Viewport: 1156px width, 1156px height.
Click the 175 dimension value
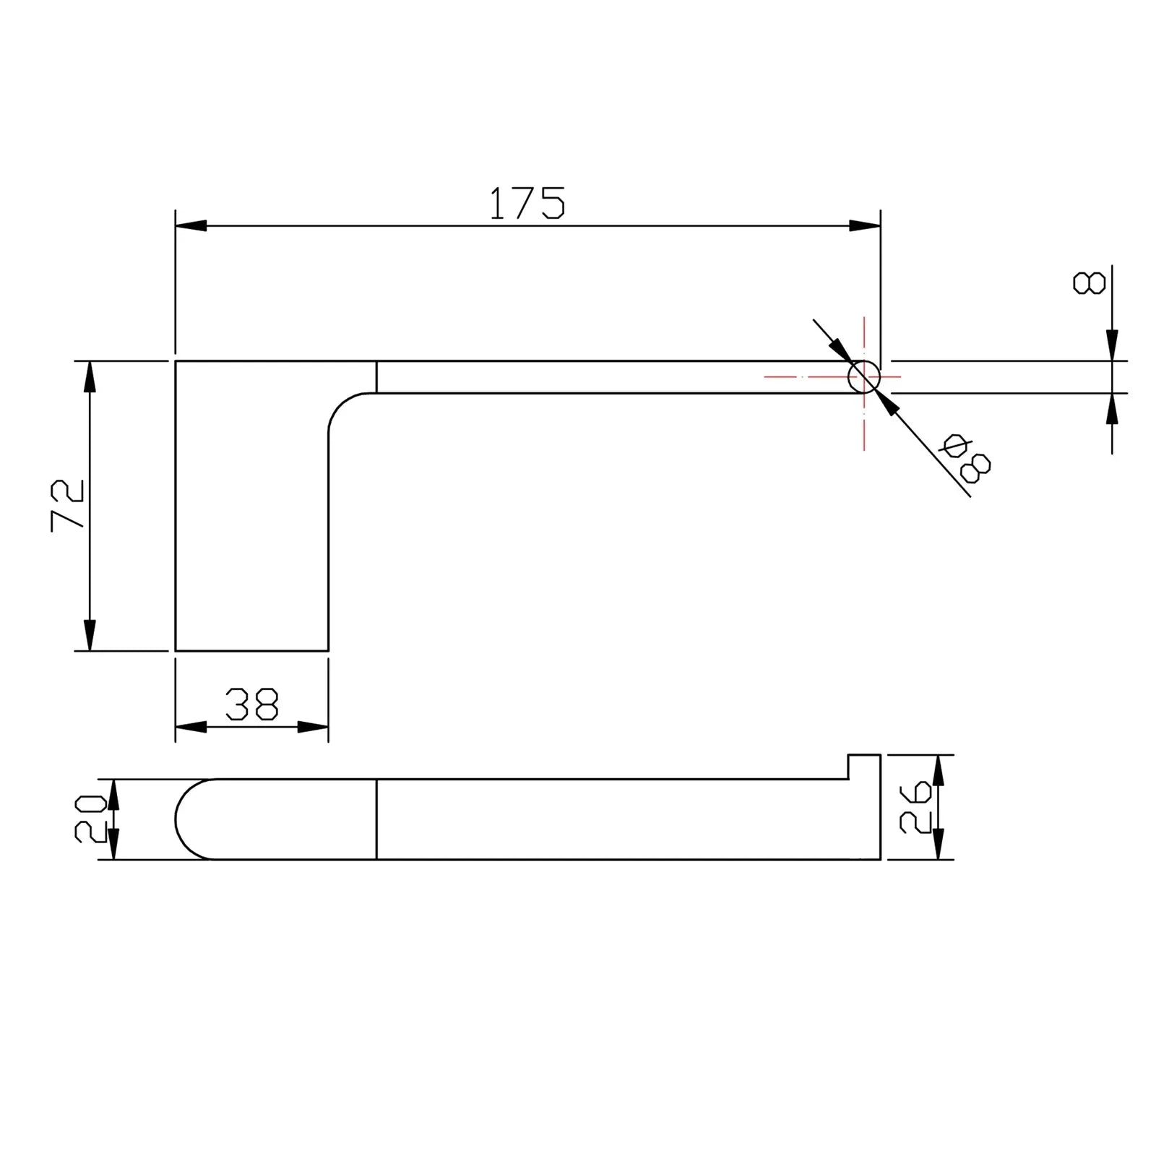click(x=527, y=203)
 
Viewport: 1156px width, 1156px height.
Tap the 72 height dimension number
click(x=68, y=505)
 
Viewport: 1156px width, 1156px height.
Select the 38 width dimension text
click(x=251, y=704)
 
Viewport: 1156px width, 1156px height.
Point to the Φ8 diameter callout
click(x=965, y=458)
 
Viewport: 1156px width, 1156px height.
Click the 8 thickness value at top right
click(x=1090, y=282)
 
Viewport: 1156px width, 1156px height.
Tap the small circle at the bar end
click(x=864, y=376)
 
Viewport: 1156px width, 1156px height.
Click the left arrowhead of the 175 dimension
click(x=191, y=226)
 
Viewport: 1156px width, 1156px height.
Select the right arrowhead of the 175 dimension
click(x=865, y=226)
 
